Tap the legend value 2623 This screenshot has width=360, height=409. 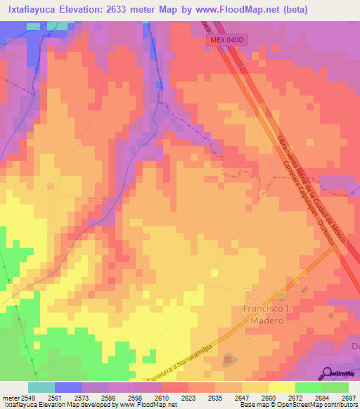click(x=187, y=397)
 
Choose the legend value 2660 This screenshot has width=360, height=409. click(x=267, y=397)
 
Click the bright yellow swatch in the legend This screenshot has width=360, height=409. click(x=281, y=387)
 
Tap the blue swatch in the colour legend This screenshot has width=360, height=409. click(x=67, y=387)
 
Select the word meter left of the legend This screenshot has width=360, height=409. click(x=10, y=397)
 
